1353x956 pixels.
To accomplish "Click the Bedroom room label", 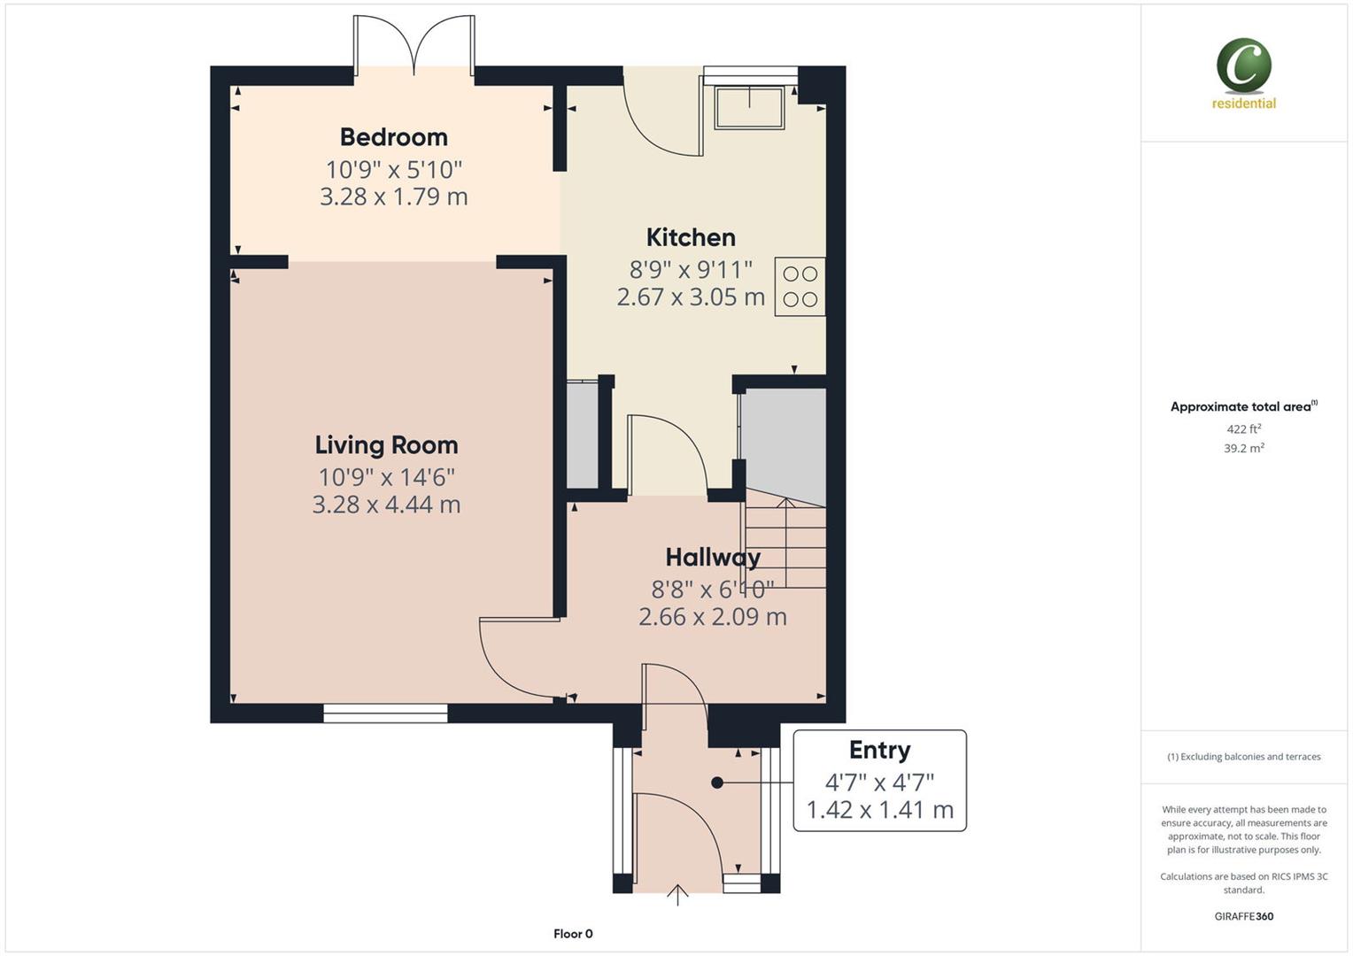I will (x=393, y=137).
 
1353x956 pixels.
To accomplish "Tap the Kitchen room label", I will (x=691, y=237).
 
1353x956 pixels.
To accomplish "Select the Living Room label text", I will (x=386, y=444).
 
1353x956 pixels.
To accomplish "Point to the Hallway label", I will (x=713, y=557).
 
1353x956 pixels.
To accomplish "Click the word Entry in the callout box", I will (x=879, y=750).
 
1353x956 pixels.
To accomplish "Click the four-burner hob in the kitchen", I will (x=800, y=287).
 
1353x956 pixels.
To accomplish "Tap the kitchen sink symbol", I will (x=750, y=107).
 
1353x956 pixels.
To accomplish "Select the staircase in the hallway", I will (x=785, y=542).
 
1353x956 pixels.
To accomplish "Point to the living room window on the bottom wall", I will (x=385, y=713).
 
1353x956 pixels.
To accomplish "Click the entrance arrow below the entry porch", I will (x=677, y=895).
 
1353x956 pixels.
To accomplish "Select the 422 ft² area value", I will (x=1243, y=429).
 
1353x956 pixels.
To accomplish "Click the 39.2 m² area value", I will (x=1243, y=449).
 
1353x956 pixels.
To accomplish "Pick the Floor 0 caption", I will (x=573, y=934).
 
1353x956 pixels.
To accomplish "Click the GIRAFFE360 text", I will (x=1243, y=916).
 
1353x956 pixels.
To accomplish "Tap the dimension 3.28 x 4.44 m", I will (x=386, y=505).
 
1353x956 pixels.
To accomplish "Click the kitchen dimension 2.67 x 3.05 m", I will (x=691, y=297).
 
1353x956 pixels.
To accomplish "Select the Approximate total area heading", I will (x=1241, y=407).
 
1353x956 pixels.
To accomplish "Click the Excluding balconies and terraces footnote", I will (x=1243, y=757).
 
